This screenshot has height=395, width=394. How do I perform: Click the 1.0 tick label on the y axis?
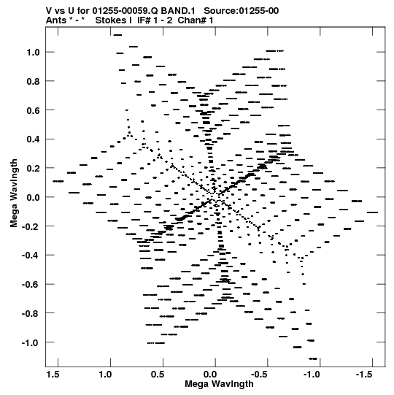pos(34,53)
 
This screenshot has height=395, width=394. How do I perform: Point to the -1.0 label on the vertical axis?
pos(31,342)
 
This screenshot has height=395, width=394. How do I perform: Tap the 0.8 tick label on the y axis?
pos(34,81)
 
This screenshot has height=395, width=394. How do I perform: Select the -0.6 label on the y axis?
pos(31,285)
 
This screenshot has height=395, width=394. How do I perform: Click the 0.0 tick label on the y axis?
pos(34,197)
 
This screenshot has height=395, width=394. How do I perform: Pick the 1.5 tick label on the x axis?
pos(53,375)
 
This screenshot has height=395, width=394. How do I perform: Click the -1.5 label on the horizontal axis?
pos(364,375)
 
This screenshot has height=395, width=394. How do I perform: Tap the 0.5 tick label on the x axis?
pos(158,375)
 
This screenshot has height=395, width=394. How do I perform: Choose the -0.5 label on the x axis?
pos(260,375)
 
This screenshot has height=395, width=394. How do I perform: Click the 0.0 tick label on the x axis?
pos(210,375)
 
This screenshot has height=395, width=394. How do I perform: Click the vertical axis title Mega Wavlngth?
pos(14,193)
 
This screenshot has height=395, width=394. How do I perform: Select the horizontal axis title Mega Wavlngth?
pos(219,384)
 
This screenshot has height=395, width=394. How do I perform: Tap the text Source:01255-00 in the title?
pos(242,11)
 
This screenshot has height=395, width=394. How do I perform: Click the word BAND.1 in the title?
pos(178,11)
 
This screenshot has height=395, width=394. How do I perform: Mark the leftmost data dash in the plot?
pos(58,181)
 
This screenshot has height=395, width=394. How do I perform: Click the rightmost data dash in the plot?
pos(372,212)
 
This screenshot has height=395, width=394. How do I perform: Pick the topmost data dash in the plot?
pos(117,35)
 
